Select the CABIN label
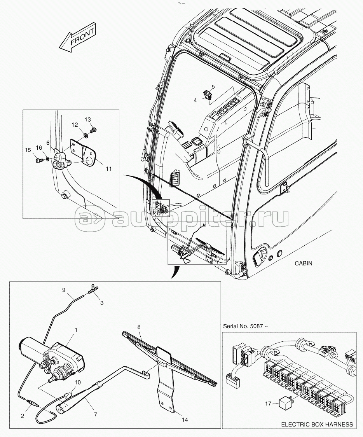(x=304, y=263)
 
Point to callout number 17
(x=268, y=403)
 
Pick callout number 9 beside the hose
(x=63, y=290)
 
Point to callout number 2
(x=23, y=416)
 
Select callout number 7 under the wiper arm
(x=95, y=414)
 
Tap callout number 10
(x=77, y=382)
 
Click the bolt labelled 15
(x=39, y=160)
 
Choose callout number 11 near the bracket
(x=109, y=169)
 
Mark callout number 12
(x=75, y=124)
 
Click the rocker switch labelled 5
(x=207, y=95)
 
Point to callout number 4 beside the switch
(x=195, y=100)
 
